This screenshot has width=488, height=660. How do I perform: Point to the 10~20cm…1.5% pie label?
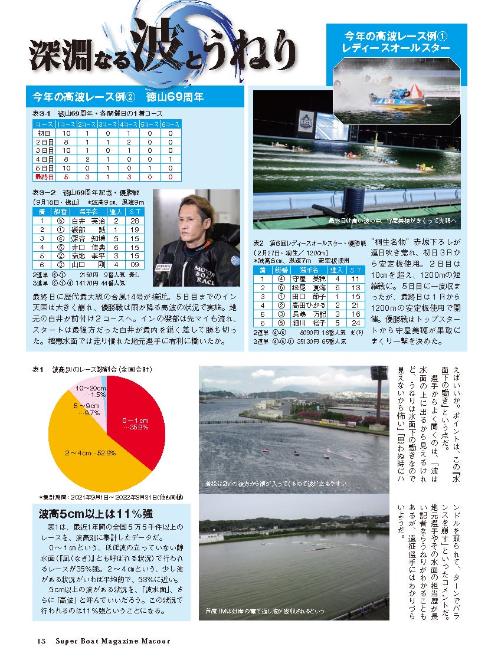(87, 391)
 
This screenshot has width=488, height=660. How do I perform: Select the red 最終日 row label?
(44, 176)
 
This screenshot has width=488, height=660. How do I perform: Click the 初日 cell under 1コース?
(65, 134)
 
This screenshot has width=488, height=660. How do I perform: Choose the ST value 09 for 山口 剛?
(135, 265)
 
